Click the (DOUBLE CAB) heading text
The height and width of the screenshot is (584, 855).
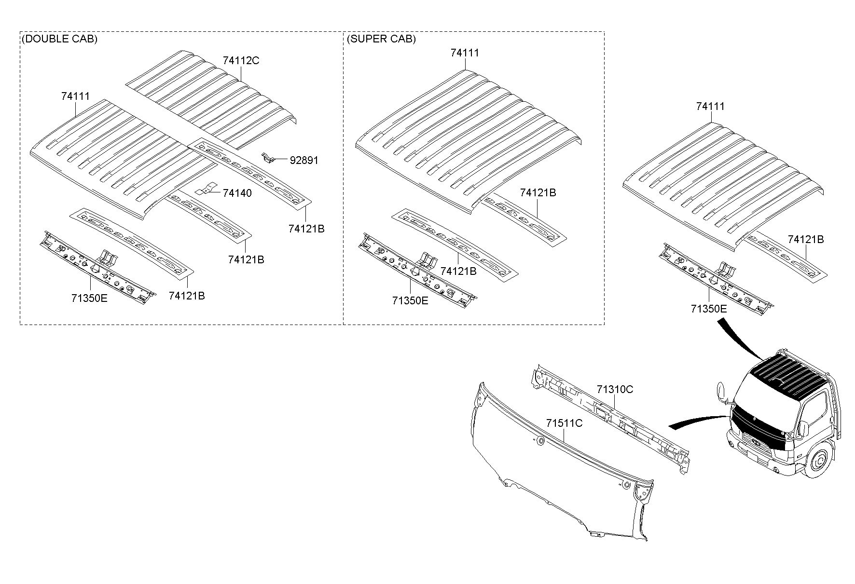coord(59,39)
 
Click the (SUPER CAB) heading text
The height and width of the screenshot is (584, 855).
coord(381,39)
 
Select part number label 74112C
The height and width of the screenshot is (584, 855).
coord(241,60)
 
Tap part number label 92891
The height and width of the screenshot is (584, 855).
coord(304,160)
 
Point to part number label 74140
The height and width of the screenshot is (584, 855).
coord(237,193)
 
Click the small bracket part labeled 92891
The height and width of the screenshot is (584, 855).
coord(269,158)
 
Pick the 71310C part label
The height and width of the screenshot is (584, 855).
coord(615,389)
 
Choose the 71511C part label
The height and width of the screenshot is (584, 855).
coord(565,423)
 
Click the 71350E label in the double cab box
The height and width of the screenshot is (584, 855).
coord(89,298)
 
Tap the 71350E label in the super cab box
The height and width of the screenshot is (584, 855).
coord(410,300)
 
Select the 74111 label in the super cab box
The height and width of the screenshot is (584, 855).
coord(465,53)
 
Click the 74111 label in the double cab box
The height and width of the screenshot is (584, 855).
coord(75,96)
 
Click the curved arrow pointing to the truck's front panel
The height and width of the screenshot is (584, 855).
coord(698,421)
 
